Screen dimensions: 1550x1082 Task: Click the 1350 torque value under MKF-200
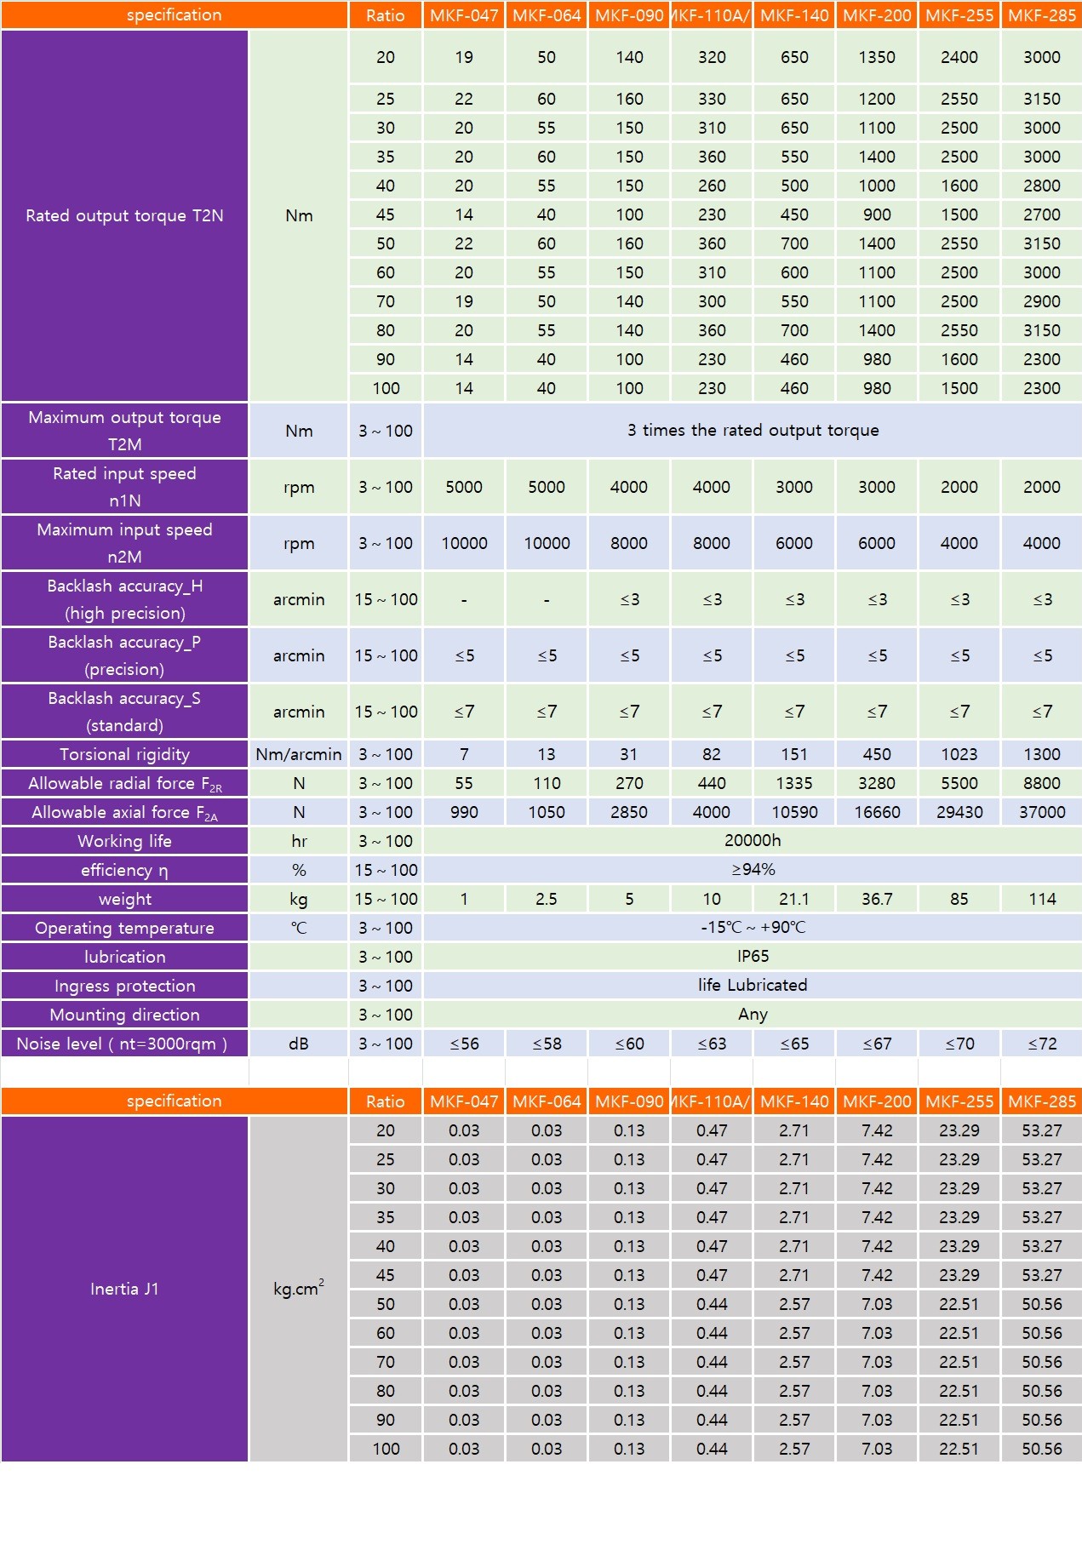tap(876, 57)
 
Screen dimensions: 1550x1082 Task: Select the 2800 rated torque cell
tap(1041, 186)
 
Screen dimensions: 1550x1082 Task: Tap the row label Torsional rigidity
tap(124, 754)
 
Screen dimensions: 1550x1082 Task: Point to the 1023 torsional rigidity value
tap(959, 754)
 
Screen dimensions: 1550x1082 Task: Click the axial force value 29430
tap(959, 812)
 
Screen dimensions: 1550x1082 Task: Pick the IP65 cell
tap(753, 956)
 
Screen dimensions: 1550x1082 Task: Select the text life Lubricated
tap(753, 985)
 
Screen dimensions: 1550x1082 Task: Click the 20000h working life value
tap(753, 840)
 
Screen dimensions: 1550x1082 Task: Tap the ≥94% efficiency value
tap(753, 869)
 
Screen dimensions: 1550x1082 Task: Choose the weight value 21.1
tap(793, 899)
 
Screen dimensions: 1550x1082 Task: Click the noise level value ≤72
tap(1041, 1044)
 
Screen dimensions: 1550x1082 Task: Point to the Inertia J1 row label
tap(124, 1289)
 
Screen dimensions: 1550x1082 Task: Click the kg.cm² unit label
tap(298, 1289)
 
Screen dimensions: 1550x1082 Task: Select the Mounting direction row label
tap(124, 1015)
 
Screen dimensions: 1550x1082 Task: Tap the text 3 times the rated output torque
tap(753, 430)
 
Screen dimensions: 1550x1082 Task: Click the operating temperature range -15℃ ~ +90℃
tap(753, 927)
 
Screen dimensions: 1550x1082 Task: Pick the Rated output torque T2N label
tap(124, 215)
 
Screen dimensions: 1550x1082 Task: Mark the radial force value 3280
tap(876, 783)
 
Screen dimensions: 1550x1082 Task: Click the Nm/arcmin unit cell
tap(298, 754)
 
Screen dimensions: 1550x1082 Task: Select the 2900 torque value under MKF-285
tap(1041, 301)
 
